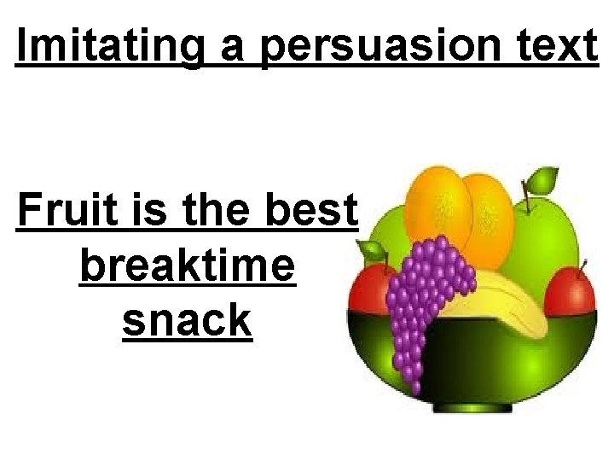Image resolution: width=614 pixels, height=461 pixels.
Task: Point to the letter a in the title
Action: click(x=231, y=50)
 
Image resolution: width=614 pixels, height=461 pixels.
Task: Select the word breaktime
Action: click(x=187, y=267)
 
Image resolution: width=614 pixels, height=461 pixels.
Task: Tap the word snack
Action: click(x=187, y=321)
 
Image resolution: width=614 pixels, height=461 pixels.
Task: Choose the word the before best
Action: click(x=214, y=211)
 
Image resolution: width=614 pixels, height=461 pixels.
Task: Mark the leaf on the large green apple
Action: click(x=541, y=180)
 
